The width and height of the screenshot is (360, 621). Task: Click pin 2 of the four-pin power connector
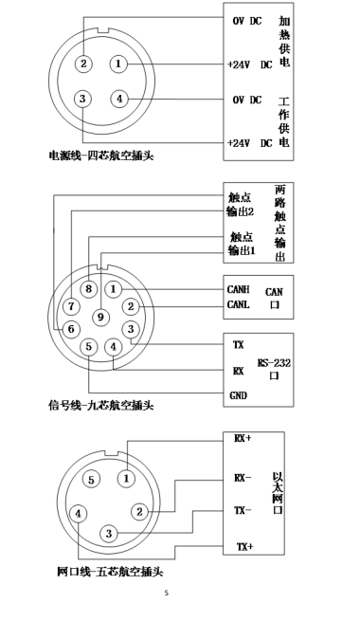click(x=84, y=64)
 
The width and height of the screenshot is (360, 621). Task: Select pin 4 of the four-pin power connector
click(x=118, y=98)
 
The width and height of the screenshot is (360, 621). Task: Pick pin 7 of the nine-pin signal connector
click(x=71, y=306)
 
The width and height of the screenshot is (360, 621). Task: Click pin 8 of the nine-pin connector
click(x=89, y=287)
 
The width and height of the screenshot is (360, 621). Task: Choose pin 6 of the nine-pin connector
click(x=70, y=328)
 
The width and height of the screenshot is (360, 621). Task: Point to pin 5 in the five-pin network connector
click(x=92, y=480)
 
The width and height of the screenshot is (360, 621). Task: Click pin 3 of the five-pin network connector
click(x=109, y=534)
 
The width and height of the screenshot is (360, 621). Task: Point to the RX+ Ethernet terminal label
click(x=243, y=439)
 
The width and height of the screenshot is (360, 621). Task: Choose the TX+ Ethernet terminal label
click(x=243, y=547)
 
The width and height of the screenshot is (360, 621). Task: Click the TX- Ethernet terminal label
click(x=243, y=510)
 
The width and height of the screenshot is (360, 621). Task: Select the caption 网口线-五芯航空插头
click(x=109, y=573)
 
